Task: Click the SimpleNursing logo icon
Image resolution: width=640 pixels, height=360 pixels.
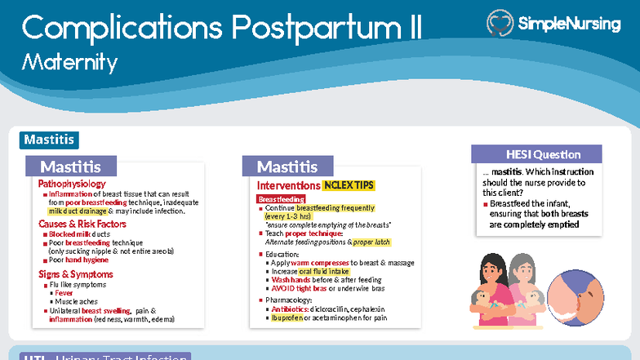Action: (x=500, y=24)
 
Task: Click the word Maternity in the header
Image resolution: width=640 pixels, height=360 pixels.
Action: (x=69, y=62)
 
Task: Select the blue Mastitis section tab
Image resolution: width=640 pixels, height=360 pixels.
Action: (x=49, y=140)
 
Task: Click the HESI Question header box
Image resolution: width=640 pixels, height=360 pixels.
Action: (x=536, y=154)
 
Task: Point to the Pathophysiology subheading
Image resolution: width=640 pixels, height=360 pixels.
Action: (x=72, y=184)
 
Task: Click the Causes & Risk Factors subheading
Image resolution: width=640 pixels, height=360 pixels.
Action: (x=82, y=224)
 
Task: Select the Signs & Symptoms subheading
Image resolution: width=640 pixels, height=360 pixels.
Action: (x=76, y=274)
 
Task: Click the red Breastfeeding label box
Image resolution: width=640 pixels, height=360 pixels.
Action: (x=281, y=199)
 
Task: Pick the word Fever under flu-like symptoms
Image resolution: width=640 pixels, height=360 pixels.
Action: (x=64, y=293)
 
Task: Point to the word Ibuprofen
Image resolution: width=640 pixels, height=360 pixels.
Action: (x=288, y=318)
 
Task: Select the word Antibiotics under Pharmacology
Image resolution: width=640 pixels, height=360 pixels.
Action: (x=292, y=309)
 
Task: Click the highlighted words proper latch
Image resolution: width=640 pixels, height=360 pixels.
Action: (x=372, y=242)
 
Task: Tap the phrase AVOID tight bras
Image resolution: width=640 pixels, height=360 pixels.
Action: (x=300, y=288)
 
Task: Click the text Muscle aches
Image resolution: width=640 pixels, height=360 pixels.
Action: (x=76, y=302)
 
